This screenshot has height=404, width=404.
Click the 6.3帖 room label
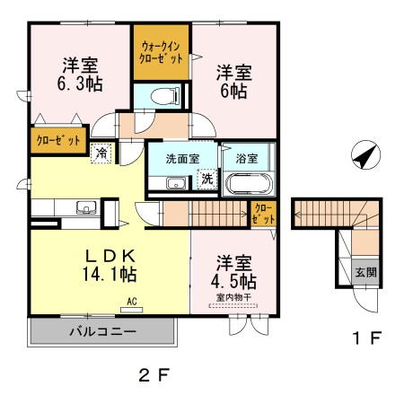coord(81,75)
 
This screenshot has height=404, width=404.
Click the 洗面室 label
coord(181,158)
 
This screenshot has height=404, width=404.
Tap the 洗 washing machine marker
coord(207,179)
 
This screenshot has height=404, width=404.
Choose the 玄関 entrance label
coord(364,273)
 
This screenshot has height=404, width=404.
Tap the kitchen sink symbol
coord(87,209)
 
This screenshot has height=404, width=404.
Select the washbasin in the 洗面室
coord(175,184)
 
